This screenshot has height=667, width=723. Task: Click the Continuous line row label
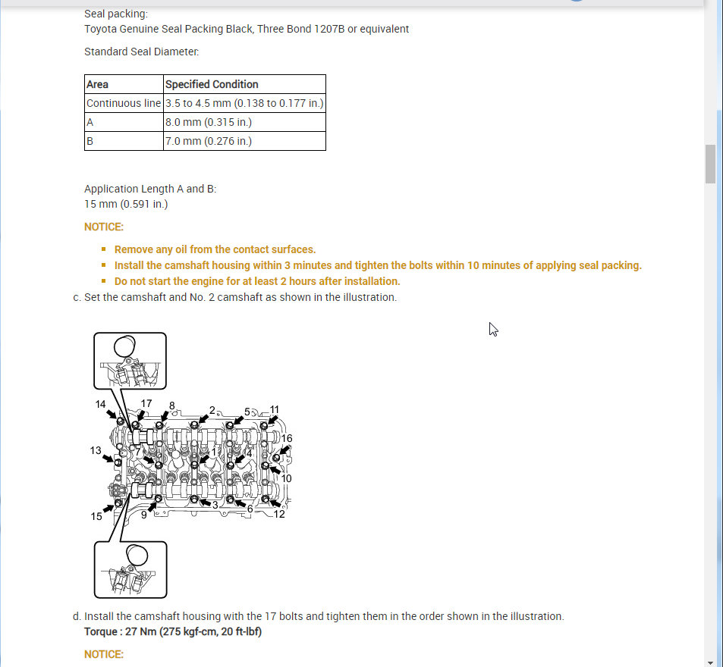click(x=124, y=103)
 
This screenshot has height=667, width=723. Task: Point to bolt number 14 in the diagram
click(x=101, y=405)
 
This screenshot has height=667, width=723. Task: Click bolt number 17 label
click(x=146, y=404)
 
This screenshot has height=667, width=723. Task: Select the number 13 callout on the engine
click(x=96, y=450)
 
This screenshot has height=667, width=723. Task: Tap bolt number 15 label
click(x=96, y=516)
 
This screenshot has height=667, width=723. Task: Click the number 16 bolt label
click(x=287, y=438)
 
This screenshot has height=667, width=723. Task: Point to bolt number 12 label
click(x=279, y=514)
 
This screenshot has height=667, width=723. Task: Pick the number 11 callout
click(x=275, y=410)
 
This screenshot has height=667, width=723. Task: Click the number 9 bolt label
click(x=143, y=514)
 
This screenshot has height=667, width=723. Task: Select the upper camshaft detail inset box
click(x=130, y=361)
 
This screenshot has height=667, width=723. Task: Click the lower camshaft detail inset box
click(x=130, y=569)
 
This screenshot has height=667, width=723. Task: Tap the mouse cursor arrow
click(x=493, y=329)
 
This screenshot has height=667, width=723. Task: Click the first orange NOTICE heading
click(x=103, y=227)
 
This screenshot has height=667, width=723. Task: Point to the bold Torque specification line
click(x=173, y=631)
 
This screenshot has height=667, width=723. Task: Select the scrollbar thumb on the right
click(x=711, y=164)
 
